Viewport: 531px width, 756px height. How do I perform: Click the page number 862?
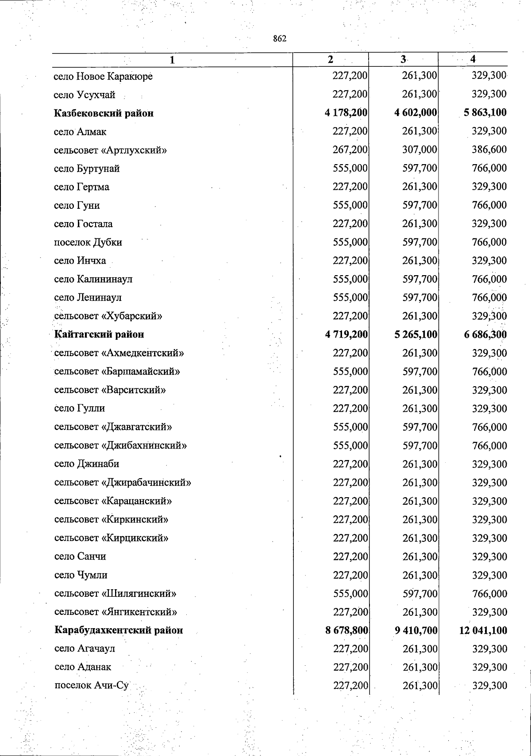click(x=280, y=39)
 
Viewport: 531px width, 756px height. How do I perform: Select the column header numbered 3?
click(x=403, y=60)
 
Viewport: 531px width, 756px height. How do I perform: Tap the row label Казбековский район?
click(x=104, y=113)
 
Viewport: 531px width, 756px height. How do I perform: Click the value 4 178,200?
click(x=346, y=113)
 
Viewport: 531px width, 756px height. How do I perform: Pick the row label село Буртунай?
click(x=87, y=169)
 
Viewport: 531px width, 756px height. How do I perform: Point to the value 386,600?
click(x=489, y=150)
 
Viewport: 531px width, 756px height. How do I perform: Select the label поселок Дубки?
click(x=88, y=242)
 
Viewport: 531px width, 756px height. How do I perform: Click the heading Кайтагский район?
click(x=99, y=334)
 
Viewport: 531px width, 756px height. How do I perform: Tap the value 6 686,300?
click(x=485, y=334)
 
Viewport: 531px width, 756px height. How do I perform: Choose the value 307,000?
click(x=419, y=150)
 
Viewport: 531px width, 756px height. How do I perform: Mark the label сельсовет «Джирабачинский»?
click(x=123, y=483)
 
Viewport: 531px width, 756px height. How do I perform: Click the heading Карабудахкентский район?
click(x=119, y=630)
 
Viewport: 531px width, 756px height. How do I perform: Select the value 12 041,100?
click(x=483, y=630)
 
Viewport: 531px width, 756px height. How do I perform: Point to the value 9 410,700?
click(x=416, y=630)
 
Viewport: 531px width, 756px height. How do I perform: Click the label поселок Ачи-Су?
click(x=91, y=686)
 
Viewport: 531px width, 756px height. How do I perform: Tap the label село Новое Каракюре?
click(x=103, y=77)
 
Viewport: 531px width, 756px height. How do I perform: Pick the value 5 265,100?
click(x=416, y=334)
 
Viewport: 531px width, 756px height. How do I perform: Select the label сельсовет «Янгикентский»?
click(x=115, y=612)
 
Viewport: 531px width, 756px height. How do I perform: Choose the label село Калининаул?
click(x=93, y=279)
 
